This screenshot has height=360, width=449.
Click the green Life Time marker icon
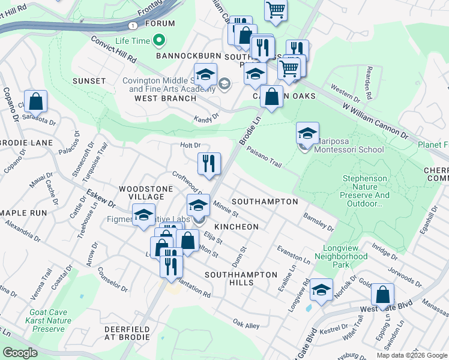click(x=159, y=41)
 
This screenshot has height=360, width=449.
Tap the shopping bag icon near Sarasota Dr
click(x=36, y=101)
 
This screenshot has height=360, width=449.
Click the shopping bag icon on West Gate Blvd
click(x=382, y=295)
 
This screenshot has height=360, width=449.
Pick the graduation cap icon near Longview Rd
click(x=321, y=291)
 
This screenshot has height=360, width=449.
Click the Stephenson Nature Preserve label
click(x=366, y=191)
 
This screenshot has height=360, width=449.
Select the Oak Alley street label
click(x=246, y=325)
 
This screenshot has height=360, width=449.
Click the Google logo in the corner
click(x=20, y=353)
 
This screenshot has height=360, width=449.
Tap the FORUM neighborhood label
click(x=163, y=23)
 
